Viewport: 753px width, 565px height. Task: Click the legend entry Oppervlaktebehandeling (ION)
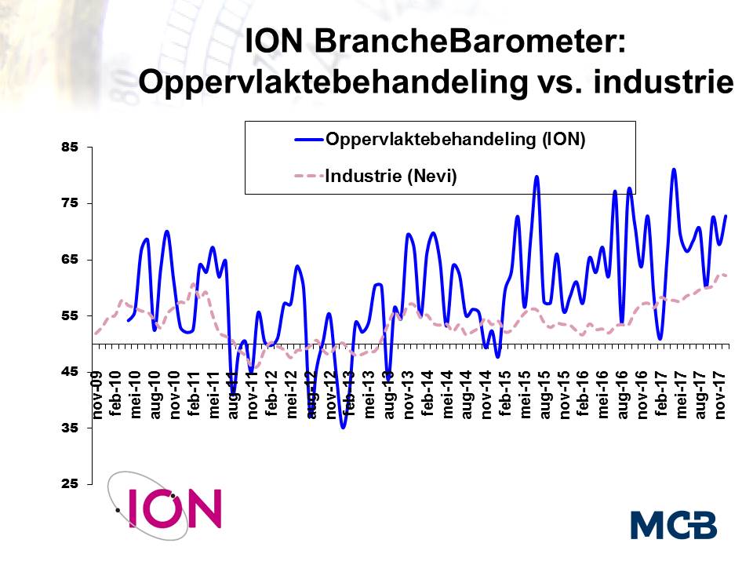tap(455, 140)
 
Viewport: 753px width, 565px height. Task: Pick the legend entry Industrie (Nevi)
tap(391, 177)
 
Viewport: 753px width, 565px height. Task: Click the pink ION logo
tap(174, 508)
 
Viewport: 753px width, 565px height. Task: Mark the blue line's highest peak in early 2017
tap(674, 169)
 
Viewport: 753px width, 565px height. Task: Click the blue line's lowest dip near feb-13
tap(344, 427)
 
